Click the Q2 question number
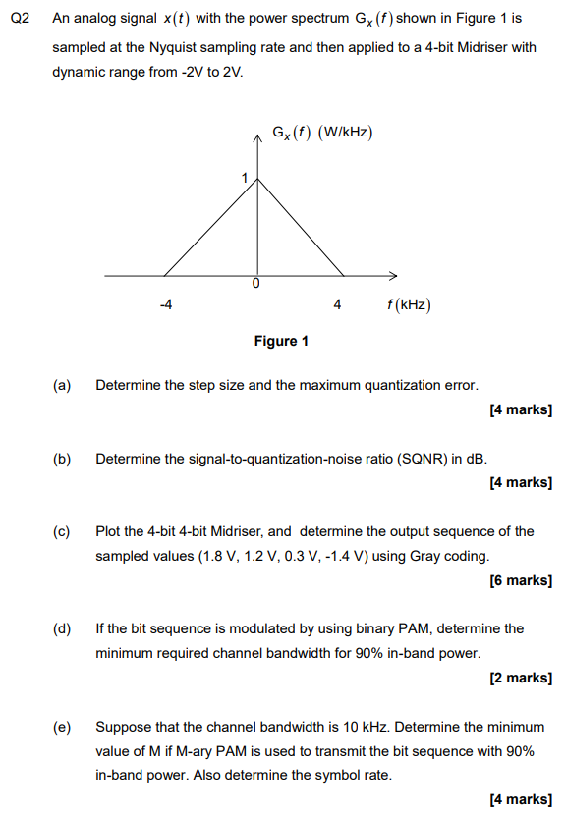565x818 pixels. click(x=17, y=18)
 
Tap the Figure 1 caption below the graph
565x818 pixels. click(x=281, y=341)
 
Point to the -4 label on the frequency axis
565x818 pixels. click(x=166, y=305)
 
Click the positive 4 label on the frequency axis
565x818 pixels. click(x=338, y=305)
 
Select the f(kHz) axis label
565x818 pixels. click(x=409, y=305)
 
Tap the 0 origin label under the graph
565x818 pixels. click(x=255, y=284)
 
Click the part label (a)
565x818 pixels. click(x=62, y=385)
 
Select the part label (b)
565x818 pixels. click(x=62, y=459)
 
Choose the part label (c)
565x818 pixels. click(x=62, y=531)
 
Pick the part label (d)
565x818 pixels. click(x=62, y=628)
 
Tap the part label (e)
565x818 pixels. click(x=62, y=727)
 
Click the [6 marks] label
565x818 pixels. click(x=520, y=580)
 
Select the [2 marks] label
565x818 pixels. click(x=520, y=678)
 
